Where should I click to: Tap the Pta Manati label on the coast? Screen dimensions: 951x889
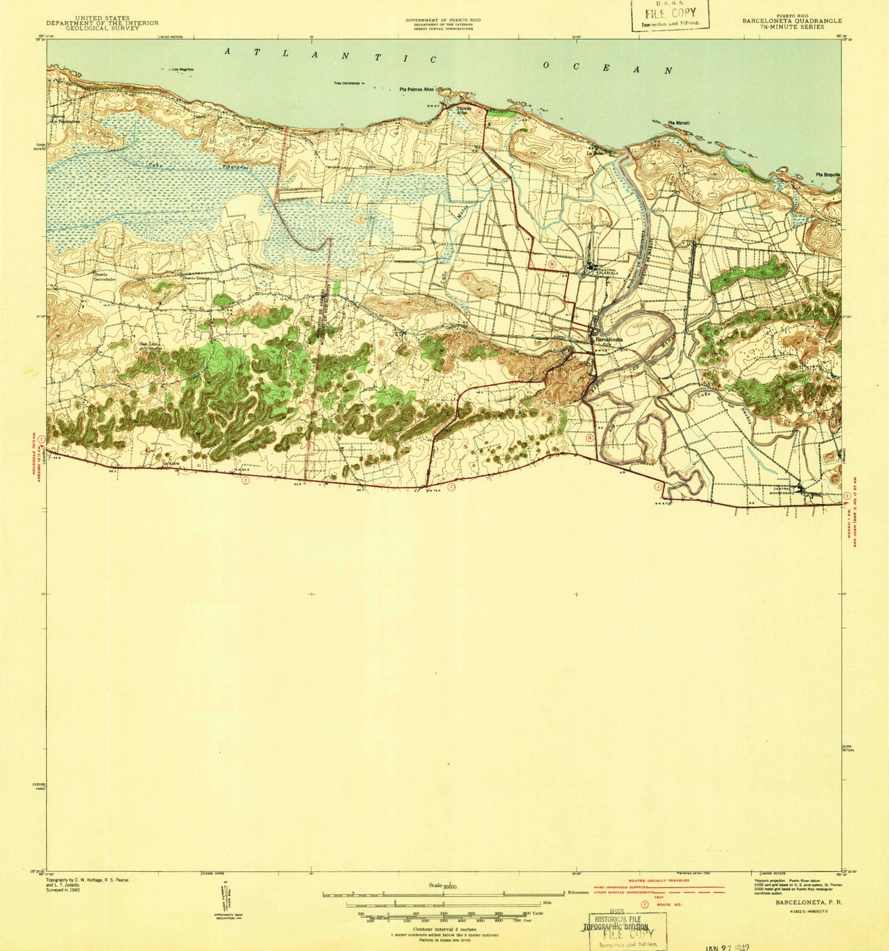point(678,123)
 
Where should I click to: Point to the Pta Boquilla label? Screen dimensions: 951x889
point(827,175)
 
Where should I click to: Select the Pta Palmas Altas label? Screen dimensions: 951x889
point(417,90)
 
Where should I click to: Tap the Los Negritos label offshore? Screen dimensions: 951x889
point(183,69)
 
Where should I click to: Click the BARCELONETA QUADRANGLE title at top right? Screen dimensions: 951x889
point(783,20)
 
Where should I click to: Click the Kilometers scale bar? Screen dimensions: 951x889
point(443,893)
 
